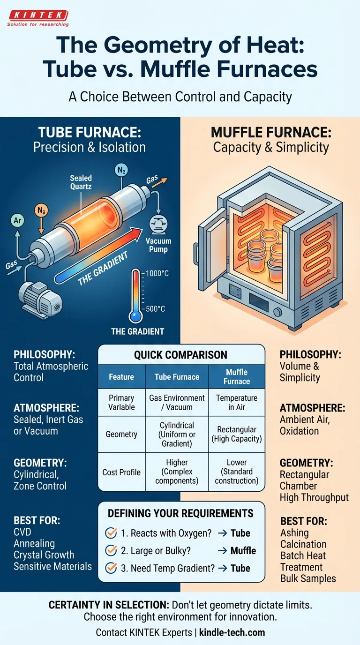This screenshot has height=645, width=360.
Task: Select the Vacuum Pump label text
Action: coord(158,245)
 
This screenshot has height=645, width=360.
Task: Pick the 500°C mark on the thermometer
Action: coord(155,308)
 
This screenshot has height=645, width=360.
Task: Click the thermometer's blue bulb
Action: coord(136,316)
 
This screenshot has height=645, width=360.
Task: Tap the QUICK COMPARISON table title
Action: coord(180,355)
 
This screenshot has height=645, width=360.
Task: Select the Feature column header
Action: coord(121,376)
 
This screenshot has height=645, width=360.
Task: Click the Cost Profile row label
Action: coord(121,472)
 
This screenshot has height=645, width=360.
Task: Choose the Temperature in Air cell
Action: coord(236,403)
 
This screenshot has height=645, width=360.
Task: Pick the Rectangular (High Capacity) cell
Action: coord(236,434)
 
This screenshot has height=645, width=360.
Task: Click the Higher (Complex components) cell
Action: coord(177,472)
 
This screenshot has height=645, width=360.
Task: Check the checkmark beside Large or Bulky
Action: coord(112,550)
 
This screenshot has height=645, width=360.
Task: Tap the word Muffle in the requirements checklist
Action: coord(243,550)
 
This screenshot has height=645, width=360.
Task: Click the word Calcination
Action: coord(303,544)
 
